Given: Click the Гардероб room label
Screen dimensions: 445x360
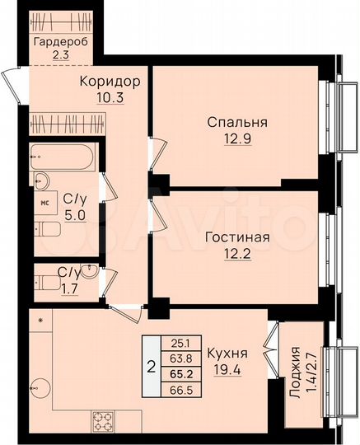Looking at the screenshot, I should pyautogui.click(x=60, y=43).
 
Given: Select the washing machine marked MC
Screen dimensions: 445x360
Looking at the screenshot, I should pyautogui.click(x=48, y=200).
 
